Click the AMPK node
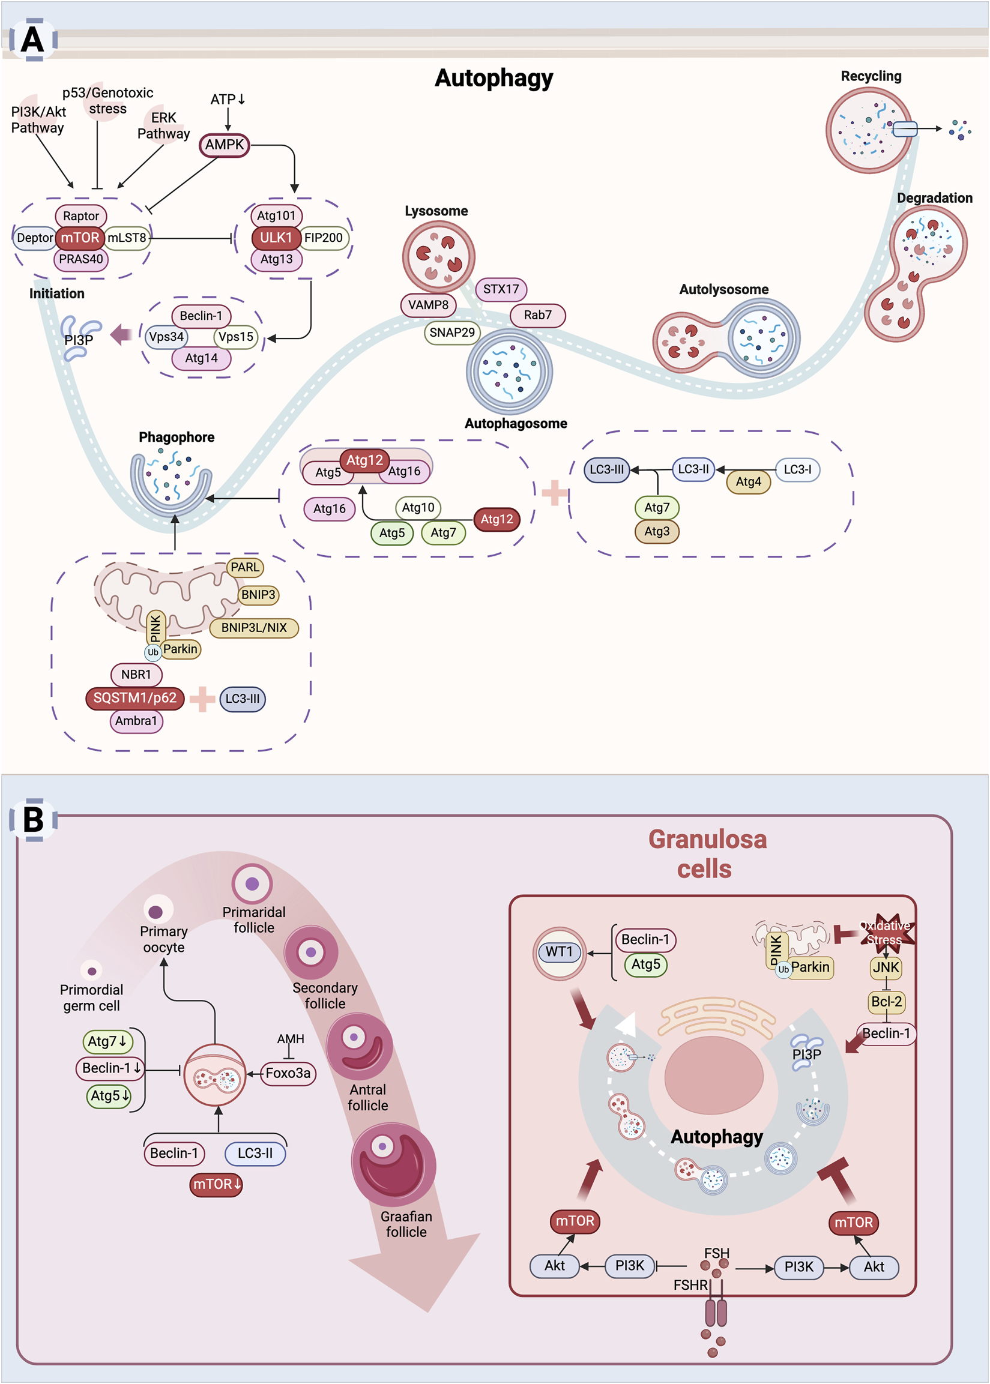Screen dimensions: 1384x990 225,145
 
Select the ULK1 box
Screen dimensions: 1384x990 276,238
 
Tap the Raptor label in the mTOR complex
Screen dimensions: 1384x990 80,215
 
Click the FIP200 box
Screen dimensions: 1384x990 323,238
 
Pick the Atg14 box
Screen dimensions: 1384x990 201,358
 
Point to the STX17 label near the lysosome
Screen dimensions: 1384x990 501,289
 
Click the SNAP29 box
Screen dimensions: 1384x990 451,332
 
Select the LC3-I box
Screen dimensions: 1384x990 797,470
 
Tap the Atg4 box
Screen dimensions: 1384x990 748,482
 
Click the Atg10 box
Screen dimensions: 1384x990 418,508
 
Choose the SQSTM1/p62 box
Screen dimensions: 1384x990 134,699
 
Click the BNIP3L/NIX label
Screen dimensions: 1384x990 253,628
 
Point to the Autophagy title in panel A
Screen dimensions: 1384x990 493,78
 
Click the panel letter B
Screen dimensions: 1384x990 34,820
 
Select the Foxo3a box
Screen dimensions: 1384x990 288,1073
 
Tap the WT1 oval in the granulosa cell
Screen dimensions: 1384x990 559,952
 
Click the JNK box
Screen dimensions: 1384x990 886,967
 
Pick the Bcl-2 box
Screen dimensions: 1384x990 886,1002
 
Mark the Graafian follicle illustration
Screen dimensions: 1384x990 394,1164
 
